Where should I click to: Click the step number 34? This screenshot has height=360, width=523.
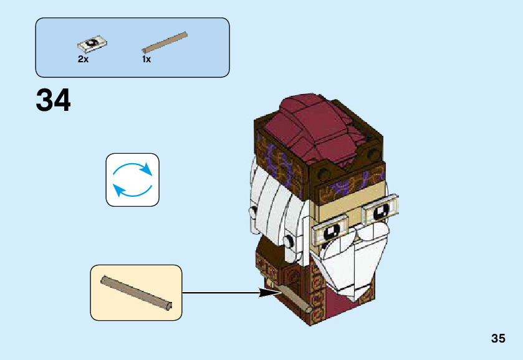point(54,100)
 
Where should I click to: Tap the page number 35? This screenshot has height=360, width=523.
point(497,338)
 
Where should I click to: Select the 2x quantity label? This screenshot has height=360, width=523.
point(84,59)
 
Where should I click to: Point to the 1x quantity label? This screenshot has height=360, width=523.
point(146,59)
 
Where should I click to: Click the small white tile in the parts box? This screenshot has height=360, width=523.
point(93,44)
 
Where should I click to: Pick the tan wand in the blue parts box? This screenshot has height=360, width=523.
point(165,41)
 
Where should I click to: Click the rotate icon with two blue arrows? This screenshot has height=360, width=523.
point(132,179)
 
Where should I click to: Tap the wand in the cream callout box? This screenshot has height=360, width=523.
point(137,292)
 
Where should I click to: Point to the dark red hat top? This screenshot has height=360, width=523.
point(318,128)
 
